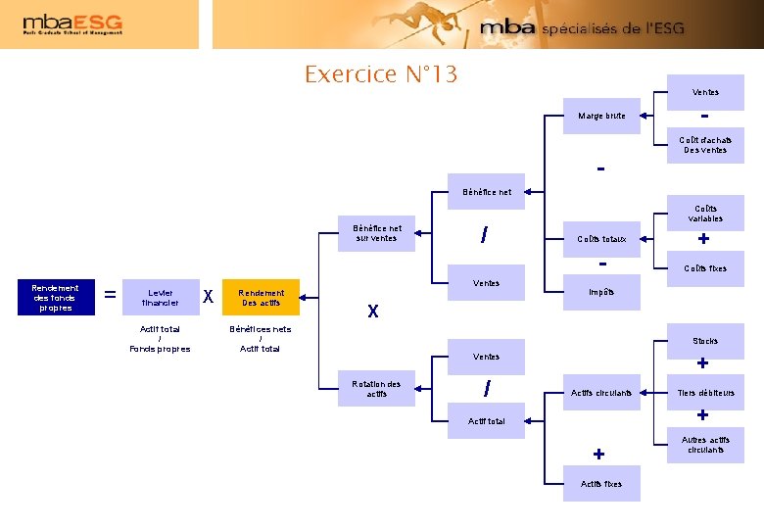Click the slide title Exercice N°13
coord(381,74)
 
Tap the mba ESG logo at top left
coord(72,24)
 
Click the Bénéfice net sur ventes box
coord(377,233)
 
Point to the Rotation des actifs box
coord(377,389)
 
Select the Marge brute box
coord(601,116)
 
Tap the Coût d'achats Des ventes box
coord(705,145)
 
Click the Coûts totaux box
coord(601,238)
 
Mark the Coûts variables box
coord(705,214)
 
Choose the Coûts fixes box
coord(705,267)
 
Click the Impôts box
coord(601,292)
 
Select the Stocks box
coord(705,341)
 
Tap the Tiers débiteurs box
coord(705,393)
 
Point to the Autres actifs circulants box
coord(705,445)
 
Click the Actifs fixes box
coord(601,484)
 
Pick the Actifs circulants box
coord(601,393)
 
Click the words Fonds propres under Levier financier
coord(160,349)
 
